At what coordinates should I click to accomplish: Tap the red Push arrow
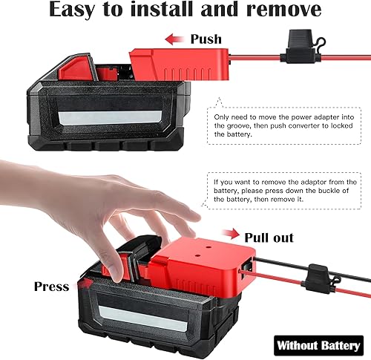click(174, 39)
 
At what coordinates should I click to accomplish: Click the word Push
click(206, 39)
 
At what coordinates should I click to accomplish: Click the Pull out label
click(269, 238)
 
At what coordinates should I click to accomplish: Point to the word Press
click(51, 286)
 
